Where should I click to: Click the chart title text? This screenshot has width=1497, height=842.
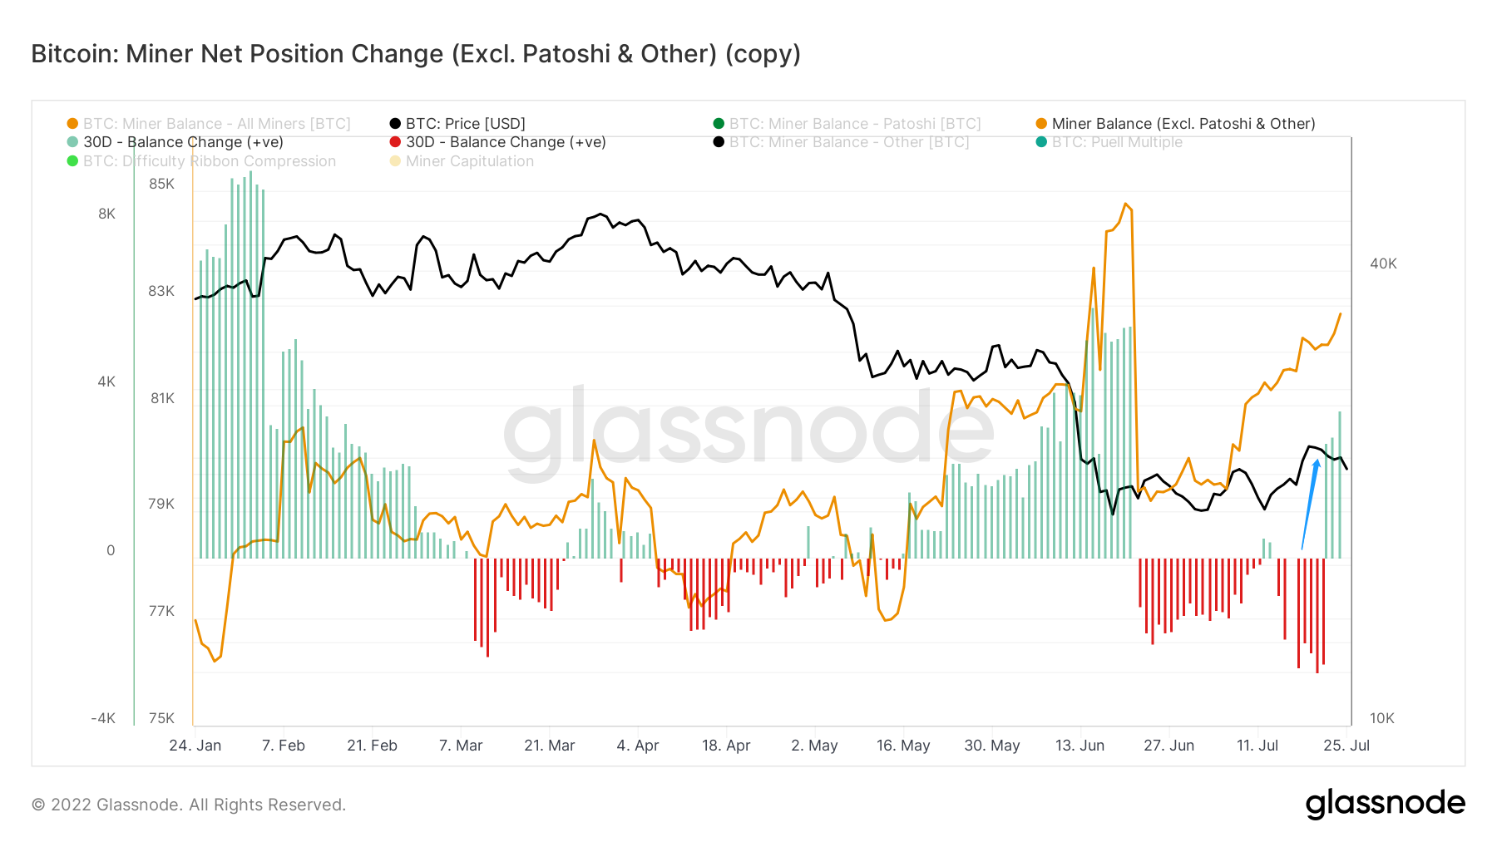click(x=416, y=54)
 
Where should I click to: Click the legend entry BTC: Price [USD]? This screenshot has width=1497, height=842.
click(x=465, y=124)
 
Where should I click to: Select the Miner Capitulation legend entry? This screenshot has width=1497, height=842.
click(x=469, y=161)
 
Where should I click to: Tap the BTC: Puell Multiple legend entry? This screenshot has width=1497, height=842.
click(x=1116, y=142)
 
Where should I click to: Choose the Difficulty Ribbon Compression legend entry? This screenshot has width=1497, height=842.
click(x=209, y=161)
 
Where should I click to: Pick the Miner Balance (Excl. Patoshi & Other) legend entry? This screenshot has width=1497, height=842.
click(x=1183, y=124)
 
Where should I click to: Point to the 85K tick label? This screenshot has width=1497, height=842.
click(x=161, y=184)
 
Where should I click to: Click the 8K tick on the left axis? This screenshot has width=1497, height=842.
click(x=106, y=214)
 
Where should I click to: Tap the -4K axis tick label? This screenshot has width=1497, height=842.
click(x=103, y=718)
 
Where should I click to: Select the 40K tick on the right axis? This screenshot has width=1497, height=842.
click(x=1383, y=263)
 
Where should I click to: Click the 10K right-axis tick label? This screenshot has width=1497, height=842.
click(x=1381, y=718)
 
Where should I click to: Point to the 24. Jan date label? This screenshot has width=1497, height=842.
click(x=195, y=746)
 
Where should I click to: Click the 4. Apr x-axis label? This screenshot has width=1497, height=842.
click(x=637, y=746)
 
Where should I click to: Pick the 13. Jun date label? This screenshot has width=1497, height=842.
click(x=1080, y=746)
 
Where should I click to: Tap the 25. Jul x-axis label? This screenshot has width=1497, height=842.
click(x=1346, y=746)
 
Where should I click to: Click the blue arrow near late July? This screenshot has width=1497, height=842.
click(x=1310, y=503)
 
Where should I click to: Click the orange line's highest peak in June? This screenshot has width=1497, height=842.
click(x=1125, y=204)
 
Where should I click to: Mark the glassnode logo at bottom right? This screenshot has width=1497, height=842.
click(x=1385, y=804)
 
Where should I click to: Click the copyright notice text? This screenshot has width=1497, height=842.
click(x=189, y=805)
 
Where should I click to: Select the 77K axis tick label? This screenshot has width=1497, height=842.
click(x=161, y=611)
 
